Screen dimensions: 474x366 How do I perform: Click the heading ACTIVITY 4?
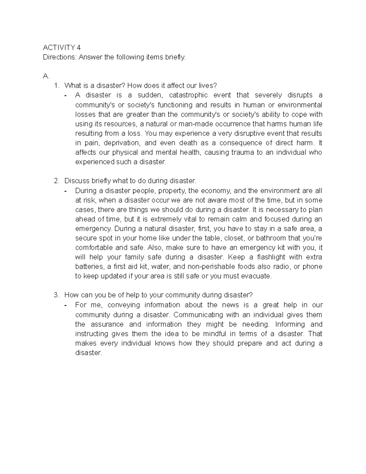tap(62, 48)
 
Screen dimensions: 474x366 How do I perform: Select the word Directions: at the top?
tap(59, 57)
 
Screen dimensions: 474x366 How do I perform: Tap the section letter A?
tap(46, 76)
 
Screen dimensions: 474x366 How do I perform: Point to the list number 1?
tap(56, 86)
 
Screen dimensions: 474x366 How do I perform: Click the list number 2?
tap(56, 181)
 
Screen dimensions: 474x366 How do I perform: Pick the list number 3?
tap(56, 295)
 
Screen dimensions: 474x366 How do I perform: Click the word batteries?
tap(89, 266)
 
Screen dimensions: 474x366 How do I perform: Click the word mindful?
tap(215, 334)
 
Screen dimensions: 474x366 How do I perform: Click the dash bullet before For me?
tap(66, 305)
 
